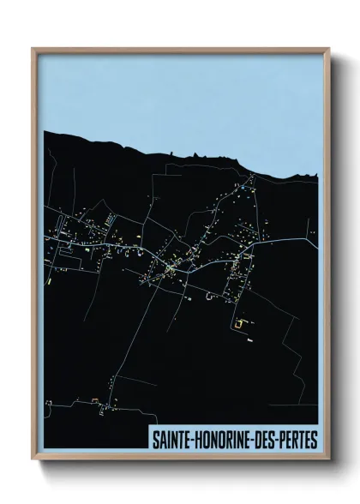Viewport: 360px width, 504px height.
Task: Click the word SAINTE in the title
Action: [x=170, y=440]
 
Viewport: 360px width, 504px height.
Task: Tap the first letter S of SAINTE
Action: [x=155, y=440]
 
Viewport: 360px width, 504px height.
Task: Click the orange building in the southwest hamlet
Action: [x=93, y=399]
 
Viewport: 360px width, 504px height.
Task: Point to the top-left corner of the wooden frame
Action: [x=33, y=48]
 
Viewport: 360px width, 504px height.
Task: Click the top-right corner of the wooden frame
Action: [x=328, y=48]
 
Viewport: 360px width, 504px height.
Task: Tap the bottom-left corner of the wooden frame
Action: [x=33, y=460]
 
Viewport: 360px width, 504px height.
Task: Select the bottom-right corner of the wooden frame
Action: [x=328, y=460]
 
